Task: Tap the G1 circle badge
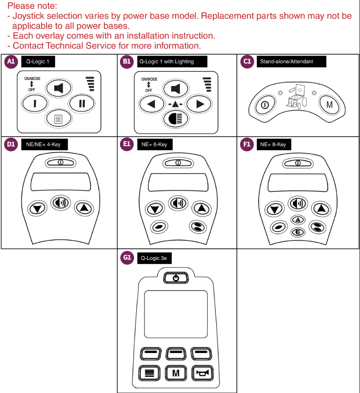(x=127, y=258)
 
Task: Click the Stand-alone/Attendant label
(x=291, y=62)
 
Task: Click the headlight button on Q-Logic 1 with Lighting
(x=175, y=119)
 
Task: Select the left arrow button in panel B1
(x=149, y=103)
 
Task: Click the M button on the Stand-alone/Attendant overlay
(x=329, y=104)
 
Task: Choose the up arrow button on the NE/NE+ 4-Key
(x=84, y=208)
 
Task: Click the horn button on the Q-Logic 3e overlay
(x=201, y=373)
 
